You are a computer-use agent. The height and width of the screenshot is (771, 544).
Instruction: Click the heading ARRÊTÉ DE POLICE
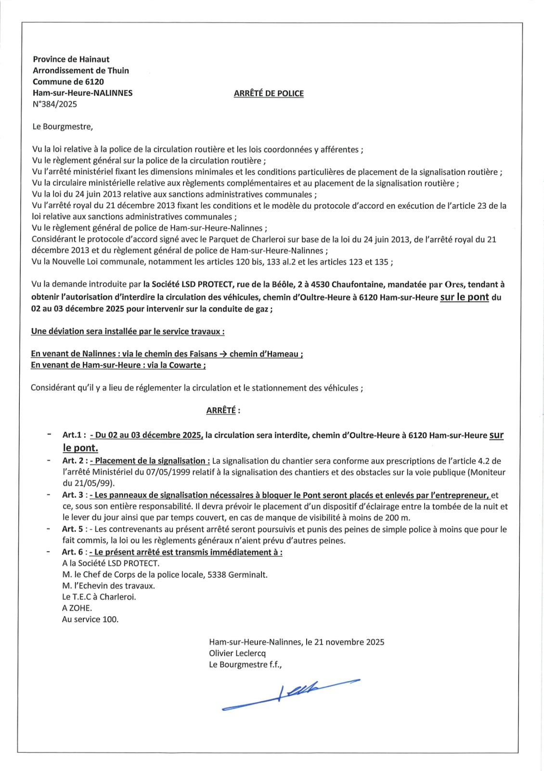tap(269, 93)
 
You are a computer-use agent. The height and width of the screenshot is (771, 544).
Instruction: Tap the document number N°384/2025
tap(55, 104)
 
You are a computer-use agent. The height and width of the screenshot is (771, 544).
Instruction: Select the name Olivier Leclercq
tap(237, 653)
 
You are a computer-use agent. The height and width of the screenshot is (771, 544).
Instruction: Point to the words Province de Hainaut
tap(71, 59)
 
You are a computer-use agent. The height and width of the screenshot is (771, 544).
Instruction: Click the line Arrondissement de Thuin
tap(81, 70)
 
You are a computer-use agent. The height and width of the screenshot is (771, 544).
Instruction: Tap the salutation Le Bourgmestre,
tap(63, 127)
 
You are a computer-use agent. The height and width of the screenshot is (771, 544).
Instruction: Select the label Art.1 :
tap(74, 435)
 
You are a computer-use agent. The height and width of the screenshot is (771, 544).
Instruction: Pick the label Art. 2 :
tap(75, 461)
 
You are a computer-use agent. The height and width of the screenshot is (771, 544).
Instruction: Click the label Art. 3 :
tap(75, 495)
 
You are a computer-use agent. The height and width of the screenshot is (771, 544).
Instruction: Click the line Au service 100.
tap(90, 620)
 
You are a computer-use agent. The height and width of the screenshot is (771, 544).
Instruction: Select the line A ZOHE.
tap(77, 608)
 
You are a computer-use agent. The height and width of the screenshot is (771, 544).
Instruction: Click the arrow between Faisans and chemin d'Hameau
tap(223, 354)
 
